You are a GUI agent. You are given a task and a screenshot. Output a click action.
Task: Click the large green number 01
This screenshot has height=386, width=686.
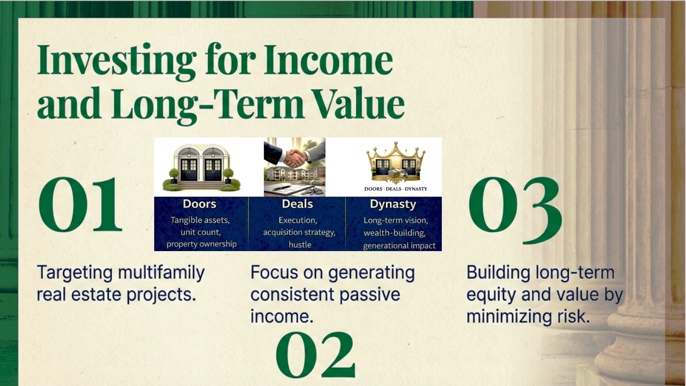pyautogui.click(x=80, y=205)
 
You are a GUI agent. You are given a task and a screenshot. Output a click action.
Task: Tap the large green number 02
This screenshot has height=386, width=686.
pyautogui.click(x=316, y=355)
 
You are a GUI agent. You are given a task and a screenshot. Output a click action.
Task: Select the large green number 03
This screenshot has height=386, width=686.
pyautogui.click(x=516, y=210)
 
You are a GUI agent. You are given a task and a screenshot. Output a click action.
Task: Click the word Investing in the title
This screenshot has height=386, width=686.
pyautogui.click(x=117, y=61)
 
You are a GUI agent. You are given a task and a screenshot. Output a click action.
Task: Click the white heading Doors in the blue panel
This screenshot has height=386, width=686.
pyautogui.click(x=199, y=204)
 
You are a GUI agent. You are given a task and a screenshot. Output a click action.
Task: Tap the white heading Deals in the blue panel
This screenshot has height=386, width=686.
pyautogui.click(x=297, y=204)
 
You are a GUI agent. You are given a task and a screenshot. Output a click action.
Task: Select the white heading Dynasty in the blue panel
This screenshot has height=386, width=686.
pyautogui.click(x=393, y=205)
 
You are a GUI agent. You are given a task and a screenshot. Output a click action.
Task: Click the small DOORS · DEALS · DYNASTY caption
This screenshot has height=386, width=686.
pyautogui.click(x=396, y=189)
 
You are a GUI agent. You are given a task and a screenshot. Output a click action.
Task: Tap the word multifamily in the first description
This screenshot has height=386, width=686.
pyautogui.click(x=161, y=273)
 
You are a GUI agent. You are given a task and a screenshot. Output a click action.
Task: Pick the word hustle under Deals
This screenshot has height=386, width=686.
pyautogui.click(x=300, y=245)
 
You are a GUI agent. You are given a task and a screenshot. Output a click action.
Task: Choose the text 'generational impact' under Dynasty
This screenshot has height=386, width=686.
pyautogui.click(x=399, y=246)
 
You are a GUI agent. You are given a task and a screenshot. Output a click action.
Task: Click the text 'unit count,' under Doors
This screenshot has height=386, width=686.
pyautogui.click(x=201, y=232)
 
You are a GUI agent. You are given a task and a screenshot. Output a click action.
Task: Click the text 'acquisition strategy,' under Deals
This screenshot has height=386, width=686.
pyautogui.click(x=299, y=232)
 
